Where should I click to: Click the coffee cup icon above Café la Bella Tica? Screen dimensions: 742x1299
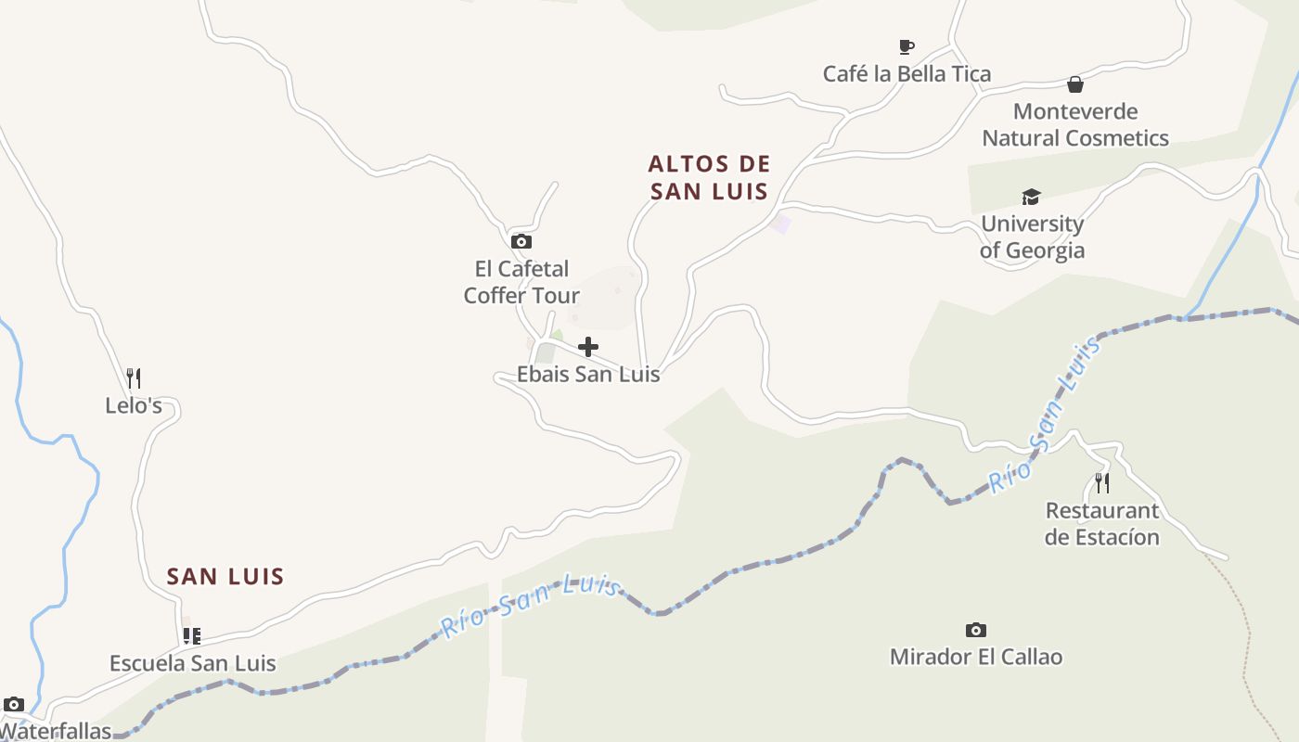click(907, 46)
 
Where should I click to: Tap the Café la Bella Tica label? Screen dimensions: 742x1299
click(907, 73)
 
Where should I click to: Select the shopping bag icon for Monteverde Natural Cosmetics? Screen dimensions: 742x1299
click(1075, 84)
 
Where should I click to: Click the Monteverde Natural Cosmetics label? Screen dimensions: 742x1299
click(1075, 124)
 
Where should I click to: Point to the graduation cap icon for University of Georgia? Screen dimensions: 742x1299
click(1031, 197)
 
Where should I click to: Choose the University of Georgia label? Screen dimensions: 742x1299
click(1032, 237)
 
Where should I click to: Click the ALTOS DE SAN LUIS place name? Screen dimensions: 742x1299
click(709, 177)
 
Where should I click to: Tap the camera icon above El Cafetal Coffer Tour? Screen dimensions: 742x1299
click(521, 241)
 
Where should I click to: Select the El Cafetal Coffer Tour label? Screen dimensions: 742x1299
click(521, 282)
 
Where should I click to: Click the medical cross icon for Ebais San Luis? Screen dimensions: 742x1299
click(588, 347)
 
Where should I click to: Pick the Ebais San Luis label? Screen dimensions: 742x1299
click(588, 374)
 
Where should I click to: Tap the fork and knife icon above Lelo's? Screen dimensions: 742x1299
click(134, 378)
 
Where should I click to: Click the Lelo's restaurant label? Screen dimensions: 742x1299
click(134, 405)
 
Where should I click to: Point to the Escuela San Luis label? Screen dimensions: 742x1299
click(193, 663)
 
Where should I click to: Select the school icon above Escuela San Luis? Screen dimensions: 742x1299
click(191, 636)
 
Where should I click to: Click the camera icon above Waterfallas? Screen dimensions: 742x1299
click(13, 704)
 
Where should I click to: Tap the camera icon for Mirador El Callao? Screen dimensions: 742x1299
click(976, 630)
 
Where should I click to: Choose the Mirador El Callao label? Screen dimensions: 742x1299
click(976, 657)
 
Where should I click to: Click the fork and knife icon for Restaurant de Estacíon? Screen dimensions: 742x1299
click(1101, 482)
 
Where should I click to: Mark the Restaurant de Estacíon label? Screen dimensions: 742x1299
click(1102, 523)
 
